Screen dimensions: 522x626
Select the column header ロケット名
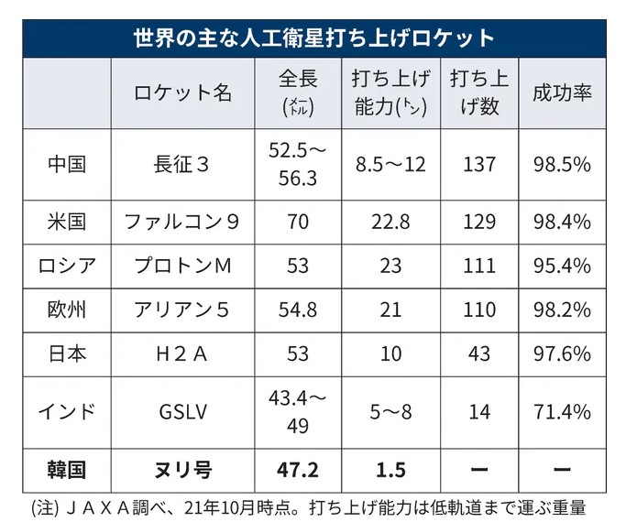[183, 93]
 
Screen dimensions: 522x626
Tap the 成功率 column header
[562, 93]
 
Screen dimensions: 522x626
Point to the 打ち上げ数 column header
[475, 93]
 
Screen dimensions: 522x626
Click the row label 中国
[67, 164]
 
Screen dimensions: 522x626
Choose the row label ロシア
[67, 266]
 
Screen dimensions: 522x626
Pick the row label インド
[67, 411]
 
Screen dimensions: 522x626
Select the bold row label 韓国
[67, 471]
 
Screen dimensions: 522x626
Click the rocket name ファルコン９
[183, 222]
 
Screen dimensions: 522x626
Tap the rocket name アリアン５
[183, 310]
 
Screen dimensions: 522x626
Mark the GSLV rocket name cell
[183, 411]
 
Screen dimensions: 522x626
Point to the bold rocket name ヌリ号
[183, 471]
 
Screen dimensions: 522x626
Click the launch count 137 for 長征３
[479, 164]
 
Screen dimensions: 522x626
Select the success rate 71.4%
[562, 411]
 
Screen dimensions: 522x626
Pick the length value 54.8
[297, 310]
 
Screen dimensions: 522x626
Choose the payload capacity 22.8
[390, 222]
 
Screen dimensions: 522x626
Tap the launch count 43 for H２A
[479, 353]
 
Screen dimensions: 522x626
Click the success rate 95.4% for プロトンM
[562, 266]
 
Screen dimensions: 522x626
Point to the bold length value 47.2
[297, 471]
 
